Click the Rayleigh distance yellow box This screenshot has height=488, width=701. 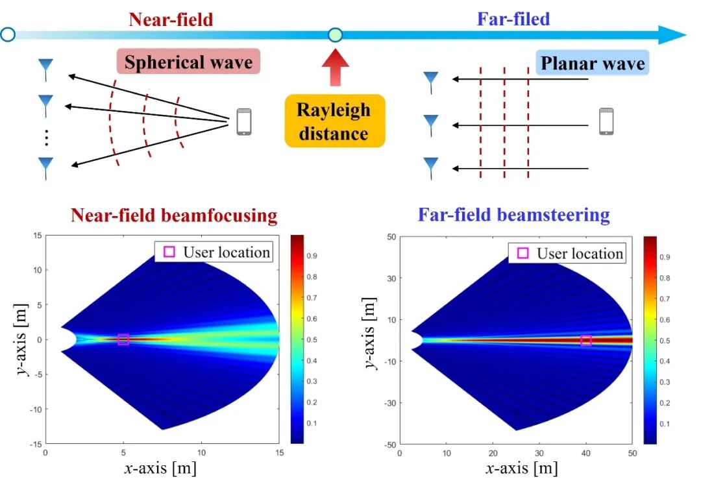point(334,121)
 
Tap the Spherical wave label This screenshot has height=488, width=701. point(188,62)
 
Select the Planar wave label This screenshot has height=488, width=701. point(593,64)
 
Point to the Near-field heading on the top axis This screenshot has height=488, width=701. point(171,19)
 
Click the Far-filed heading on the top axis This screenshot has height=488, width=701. point(513,19)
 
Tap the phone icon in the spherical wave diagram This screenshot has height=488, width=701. point(244,121)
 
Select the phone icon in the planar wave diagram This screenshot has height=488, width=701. point(606,121)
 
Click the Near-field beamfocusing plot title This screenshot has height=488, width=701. point(173,215)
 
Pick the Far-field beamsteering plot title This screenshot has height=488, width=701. point(513,215)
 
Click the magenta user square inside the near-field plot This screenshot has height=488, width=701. point(123,339)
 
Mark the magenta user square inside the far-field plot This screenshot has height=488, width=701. point(586,340)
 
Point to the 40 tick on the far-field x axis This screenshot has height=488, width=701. point(586,453)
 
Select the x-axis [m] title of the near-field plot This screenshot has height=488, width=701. point(161,467)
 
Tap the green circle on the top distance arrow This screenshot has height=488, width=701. point(335,34)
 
